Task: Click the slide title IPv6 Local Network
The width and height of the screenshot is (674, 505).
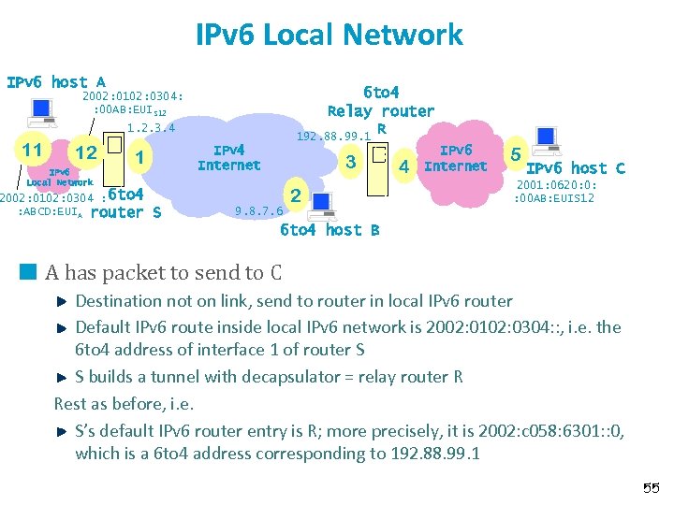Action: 330,35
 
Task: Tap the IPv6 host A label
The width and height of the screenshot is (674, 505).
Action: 55,82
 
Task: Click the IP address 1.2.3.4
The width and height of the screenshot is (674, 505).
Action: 151,127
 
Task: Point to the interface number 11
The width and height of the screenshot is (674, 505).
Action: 32,150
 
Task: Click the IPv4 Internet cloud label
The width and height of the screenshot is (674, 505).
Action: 228,157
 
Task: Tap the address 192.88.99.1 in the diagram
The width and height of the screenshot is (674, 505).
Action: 334,137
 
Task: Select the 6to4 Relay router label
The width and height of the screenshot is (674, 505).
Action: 380,101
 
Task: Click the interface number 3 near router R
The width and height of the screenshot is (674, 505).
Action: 351,163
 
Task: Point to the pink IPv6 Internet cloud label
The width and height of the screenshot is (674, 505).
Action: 456,158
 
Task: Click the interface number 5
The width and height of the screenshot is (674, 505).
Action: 515,151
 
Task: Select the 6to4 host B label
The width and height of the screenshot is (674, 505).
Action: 330,230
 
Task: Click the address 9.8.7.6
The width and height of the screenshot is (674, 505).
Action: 259,210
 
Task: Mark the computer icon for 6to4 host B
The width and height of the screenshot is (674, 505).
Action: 321,201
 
